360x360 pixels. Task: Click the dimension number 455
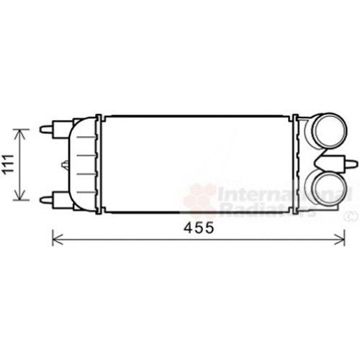coord(198,228)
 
